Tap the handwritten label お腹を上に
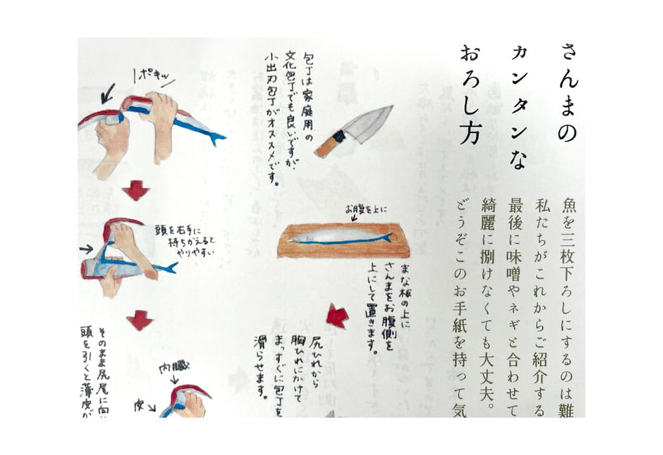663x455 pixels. (365, 209)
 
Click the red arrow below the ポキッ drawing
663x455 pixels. (136, 189)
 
